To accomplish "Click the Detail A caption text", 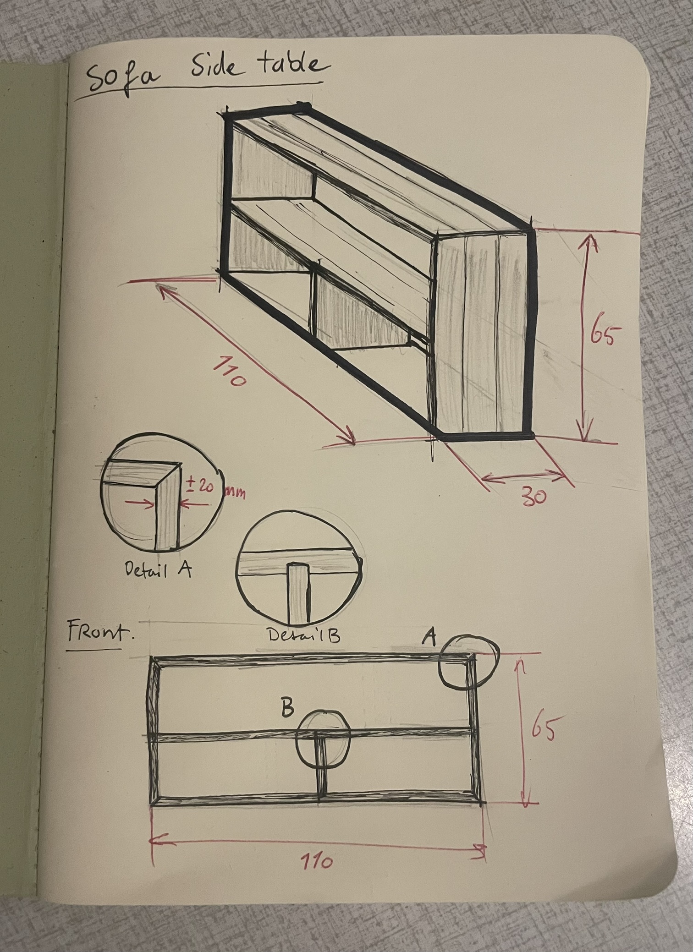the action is tap(158, 570).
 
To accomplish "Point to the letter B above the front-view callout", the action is tap(287, 708).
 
